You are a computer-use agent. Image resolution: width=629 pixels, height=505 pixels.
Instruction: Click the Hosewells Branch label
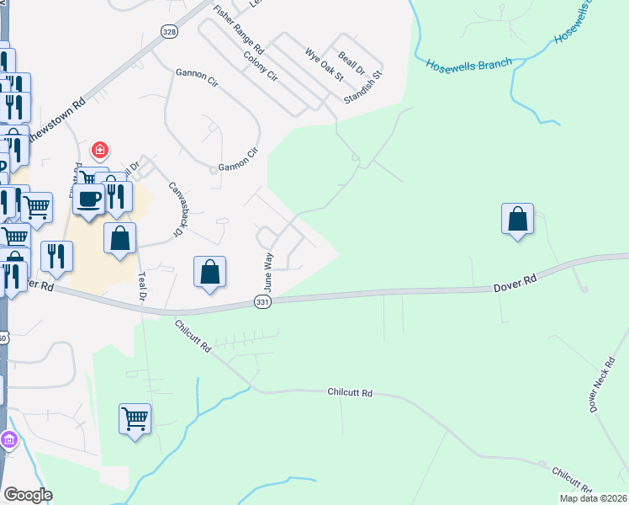[468, 66]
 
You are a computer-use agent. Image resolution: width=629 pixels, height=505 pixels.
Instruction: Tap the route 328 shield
[170, 32]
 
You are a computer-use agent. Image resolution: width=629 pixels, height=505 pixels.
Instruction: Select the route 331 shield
[262, 302]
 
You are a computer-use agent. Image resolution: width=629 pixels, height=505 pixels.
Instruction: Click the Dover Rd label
[514, 287]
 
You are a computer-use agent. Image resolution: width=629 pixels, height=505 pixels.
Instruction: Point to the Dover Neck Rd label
[604, 384]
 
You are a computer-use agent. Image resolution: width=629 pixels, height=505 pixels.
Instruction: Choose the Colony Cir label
[260, 66]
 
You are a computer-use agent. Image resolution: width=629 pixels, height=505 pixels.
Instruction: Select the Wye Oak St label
[325, 64]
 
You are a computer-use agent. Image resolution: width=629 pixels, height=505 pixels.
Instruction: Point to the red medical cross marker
[101, 150]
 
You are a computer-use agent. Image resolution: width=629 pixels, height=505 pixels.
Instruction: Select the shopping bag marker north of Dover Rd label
[517, 219]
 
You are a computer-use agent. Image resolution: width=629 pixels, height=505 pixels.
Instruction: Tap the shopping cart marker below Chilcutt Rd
[135, 417]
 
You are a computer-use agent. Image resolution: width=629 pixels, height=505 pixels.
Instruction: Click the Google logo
[28, 495]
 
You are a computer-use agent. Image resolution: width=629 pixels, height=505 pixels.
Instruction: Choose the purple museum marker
[9, 439]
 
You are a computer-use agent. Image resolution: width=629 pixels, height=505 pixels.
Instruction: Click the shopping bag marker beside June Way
[210, 272]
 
